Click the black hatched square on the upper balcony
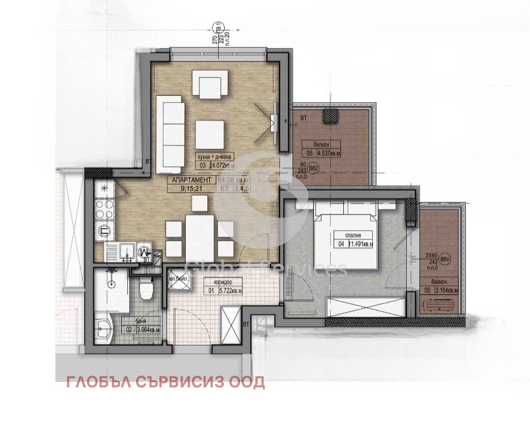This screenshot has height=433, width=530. (x=331, y=116)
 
